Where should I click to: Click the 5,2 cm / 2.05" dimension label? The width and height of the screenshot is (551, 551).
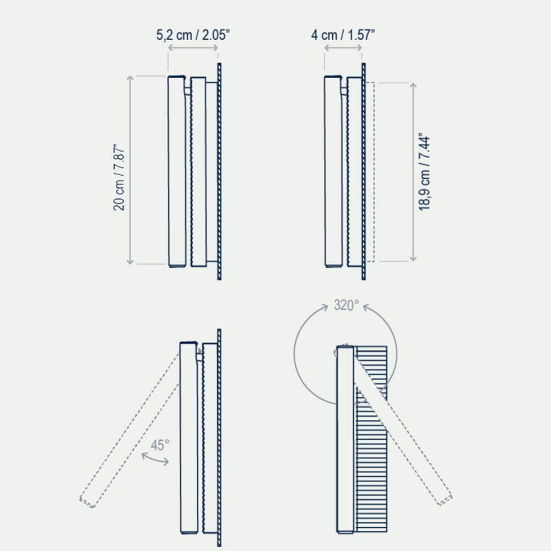point(193,35)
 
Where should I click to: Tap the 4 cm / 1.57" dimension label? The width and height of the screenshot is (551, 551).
point(343,35)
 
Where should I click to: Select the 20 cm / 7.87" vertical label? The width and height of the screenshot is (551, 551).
point(119,177)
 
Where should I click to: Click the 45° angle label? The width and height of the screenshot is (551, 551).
point(160,445)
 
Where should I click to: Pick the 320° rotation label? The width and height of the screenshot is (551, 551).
point(347,305)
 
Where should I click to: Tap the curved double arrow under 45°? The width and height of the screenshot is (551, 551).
point(155,459)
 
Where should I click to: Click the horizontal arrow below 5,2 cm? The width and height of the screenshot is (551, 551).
point(193,47)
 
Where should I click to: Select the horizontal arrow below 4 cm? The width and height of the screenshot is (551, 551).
point(343,47)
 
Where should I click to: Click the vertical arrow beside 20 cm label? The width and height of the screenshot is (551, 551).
point(130,170)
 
